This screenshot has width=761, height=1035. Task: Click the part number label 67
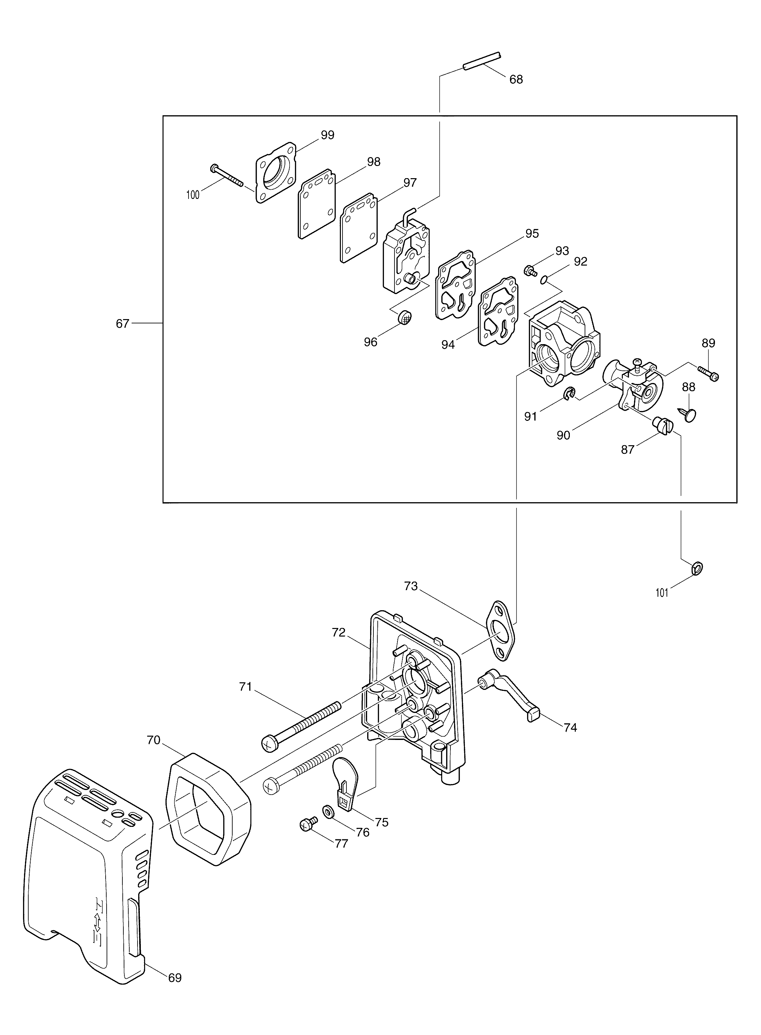(x=122, y=324)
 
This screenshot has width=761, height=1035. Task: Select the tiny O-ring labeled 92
(x=545, y=279)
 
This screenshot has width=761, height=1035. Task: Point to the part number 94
(x=448, y=344)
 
